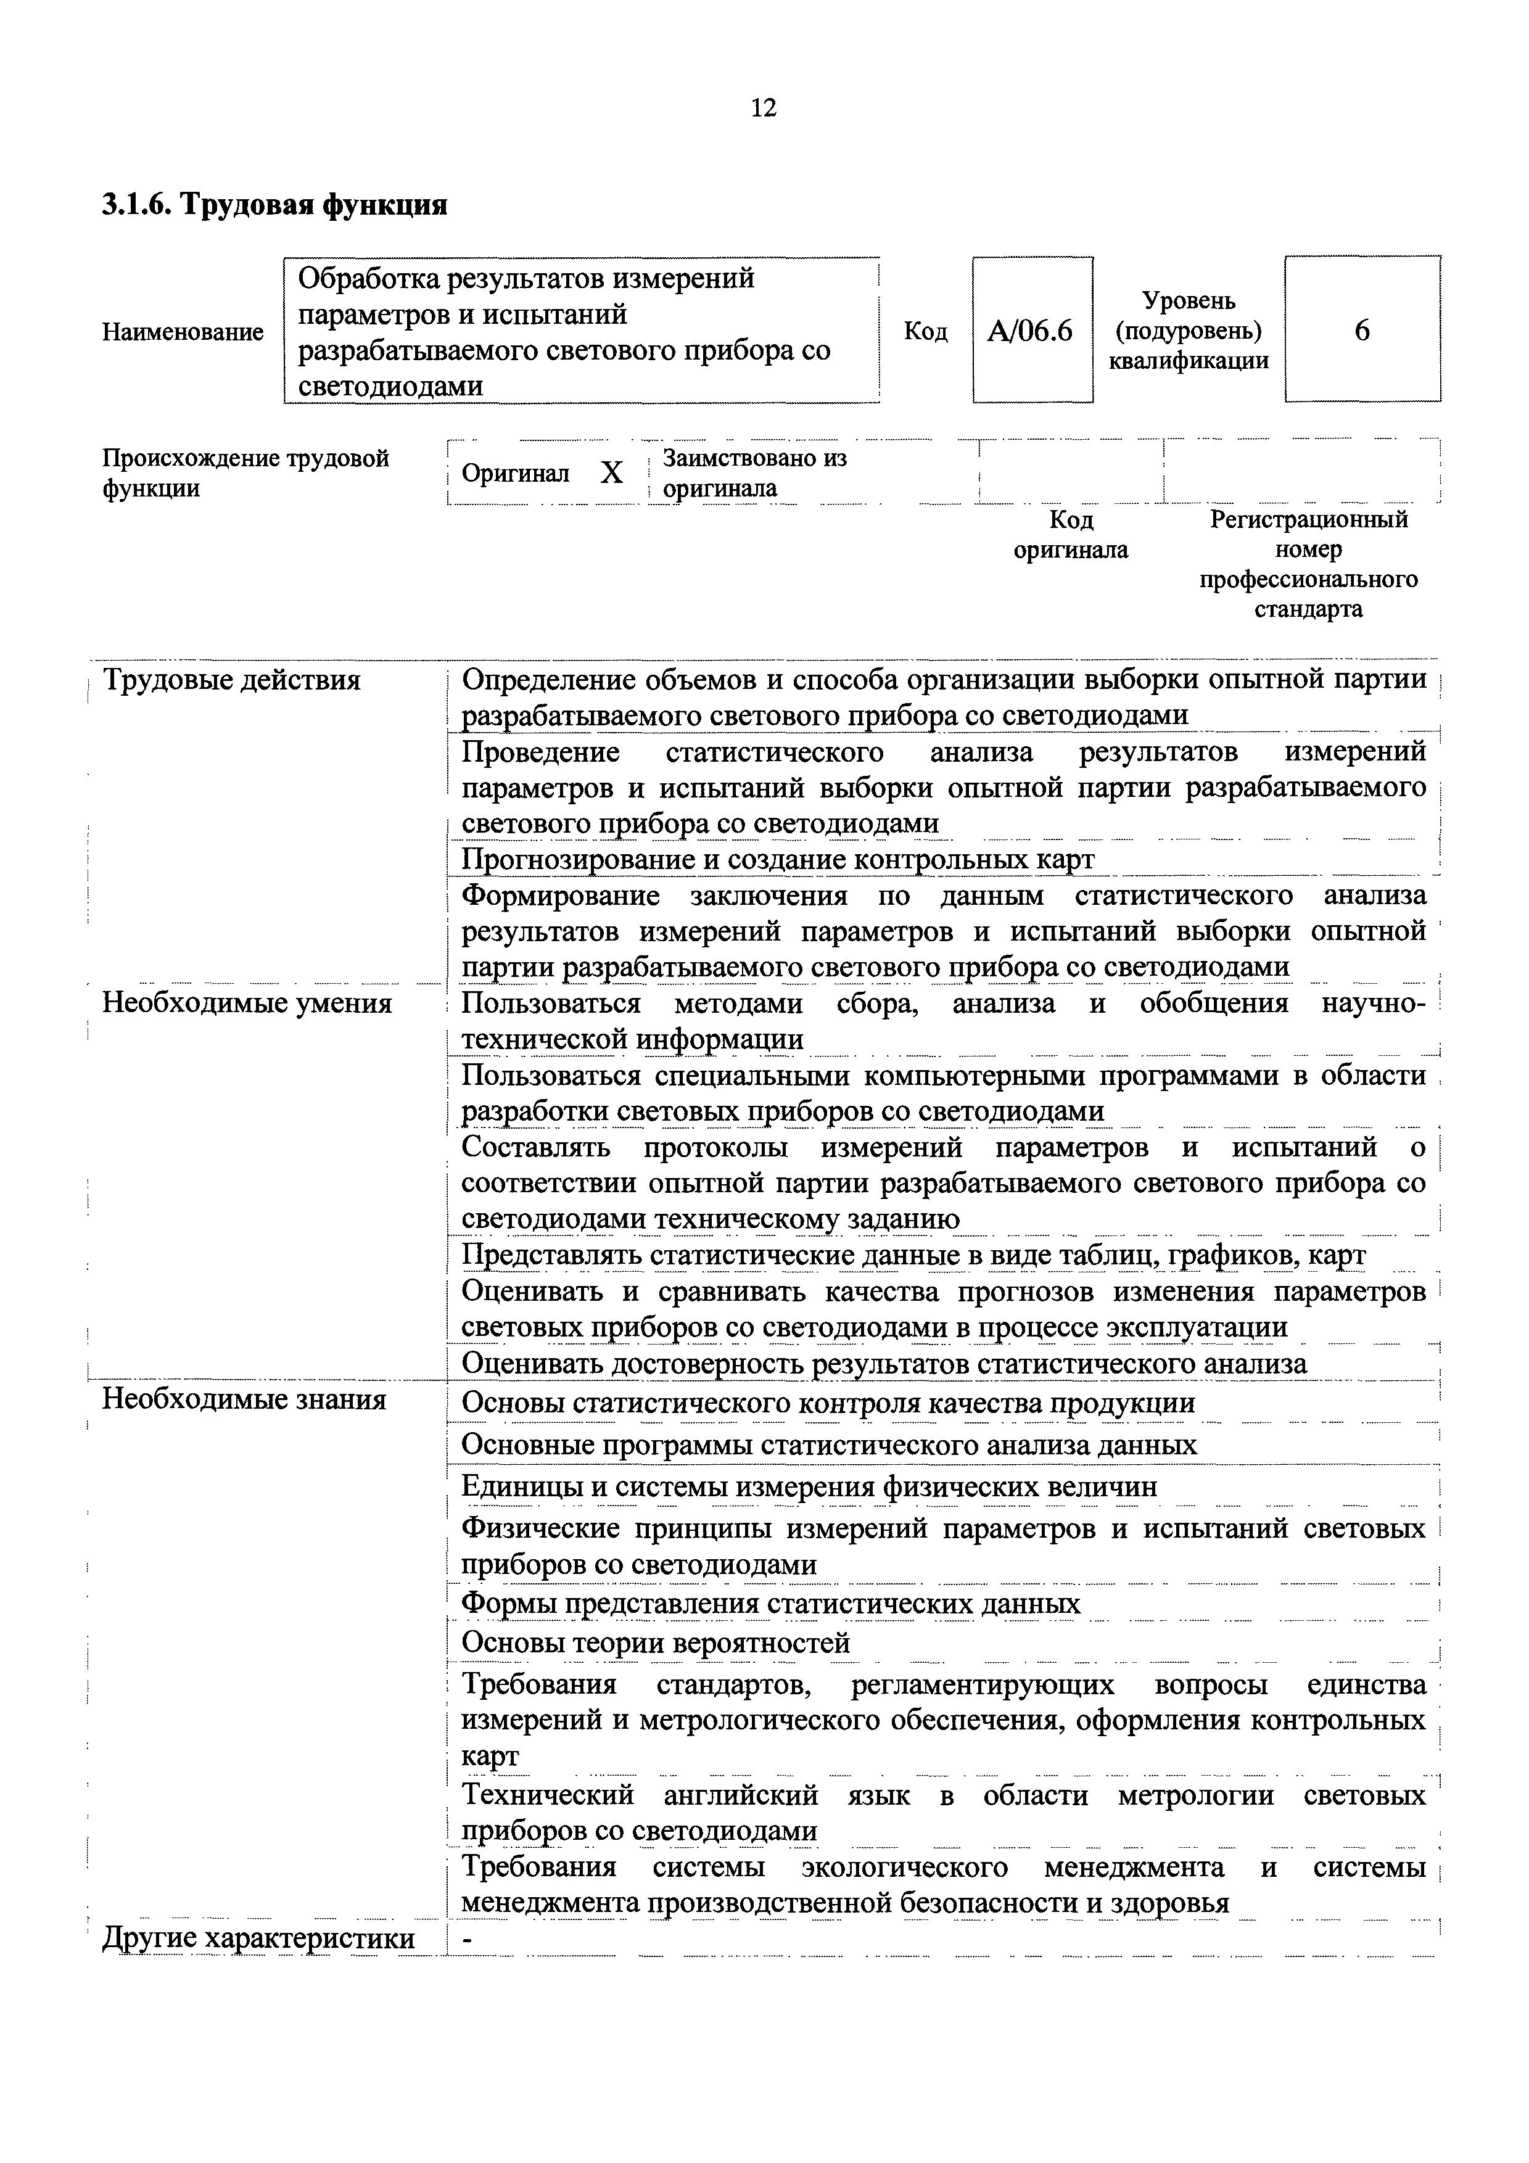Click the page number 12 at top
pos(764,109)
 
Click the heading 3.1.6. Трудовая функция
pos(274,204)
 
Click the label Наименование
pos(183,332)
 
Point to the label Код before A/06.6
pos(925,332)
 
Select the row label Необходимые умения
pos(247,1003)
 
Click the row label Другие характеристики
pos(258,1938)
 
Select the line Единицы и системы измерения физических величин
pos(809,1486)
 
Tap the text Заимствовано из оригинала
pos(754,473)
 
